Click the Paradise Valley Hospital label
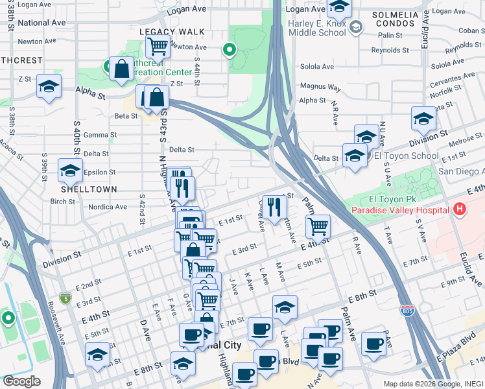(x=400, y=211)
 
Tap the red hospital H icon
(x=460, y=209)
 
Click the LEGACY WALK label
(x=172, y=32)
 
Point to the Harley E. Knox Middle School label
(x=316, y=27)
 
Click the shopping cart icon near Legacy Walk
(x=158, y=46)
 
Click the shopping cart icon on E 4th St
(x=317, y=227)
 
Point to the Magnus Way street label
(x=320, y=87)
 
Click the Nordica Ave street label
(x=109, y=207)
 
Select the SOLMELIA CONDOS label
(x=394, y=18)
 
